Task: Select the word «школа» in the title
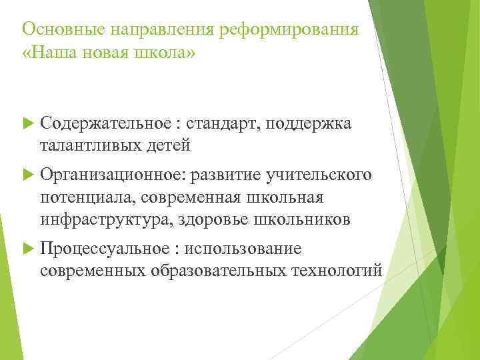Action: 165,52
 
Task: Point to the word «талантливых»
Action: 90,143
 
